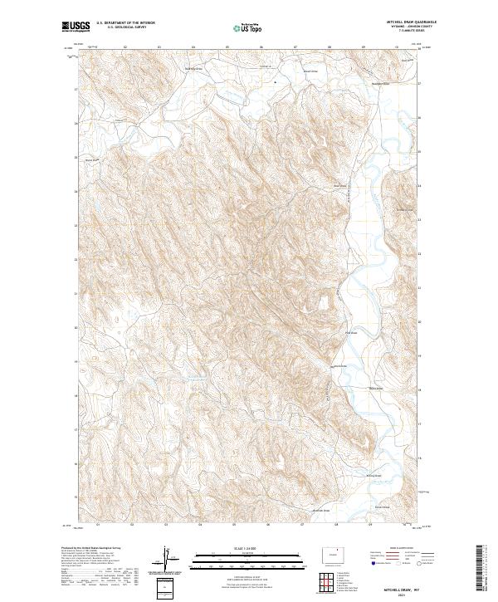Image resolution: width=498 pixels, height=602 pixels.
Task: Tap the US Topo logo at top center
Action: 243,28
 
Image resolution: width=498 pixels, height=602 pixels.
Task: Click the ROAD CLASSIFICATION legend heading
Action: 398,548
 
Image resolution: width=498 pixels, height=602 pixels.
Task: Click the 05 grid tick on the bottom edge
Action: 236,526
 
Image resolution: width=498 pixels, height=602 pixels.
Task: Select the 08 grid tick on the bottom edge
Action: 338,526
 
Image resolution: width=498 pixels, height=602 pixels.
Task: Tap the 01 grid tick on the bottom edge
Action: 99,526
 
